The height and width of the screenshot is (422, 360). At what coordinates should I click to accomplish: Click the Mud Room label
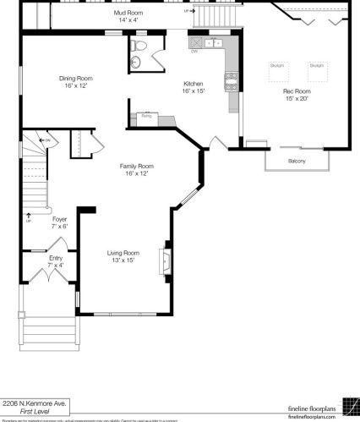point(128,17)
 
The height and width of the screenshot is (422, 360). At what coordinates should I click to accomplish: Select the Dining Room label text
point(74,82)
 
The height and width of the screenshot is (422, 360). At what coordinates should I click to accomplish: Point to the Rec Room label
point(297,94)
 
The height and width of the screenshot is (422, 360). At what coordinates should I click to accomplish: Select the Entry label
point(55,261)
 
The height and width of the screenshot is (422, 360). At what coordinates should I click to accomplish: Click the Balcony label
point(297,161)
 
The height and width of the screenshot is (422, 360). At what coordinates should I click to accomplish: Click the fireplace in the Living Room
point(166,261)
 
